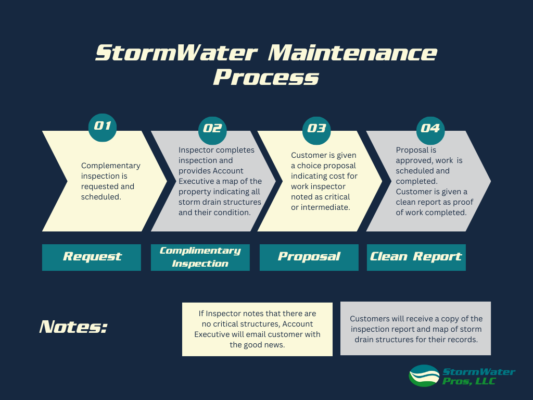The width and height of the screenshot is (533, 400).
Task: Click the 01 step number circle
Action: click(103, 127)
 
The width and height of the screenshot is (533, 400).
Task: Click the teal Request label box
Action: click(92, 257)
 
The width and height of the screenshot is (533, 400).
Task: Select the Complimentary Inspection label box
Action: click(200, 257)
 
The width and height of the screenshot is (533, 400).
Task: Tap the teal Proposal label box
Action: click(309, 257)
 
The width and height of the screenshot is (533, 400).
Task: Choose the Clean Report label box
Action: click(416, 257)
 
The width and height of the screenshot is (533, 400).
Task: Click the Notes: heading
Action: click(73, 327)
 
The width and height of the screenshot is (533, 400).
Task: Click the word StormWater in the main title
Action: click(176, 54)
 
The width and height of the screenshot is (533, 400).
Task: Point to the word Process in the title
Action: click(266, 78)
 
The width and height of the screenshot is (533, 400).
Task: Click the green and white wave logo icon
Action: click(424, 376)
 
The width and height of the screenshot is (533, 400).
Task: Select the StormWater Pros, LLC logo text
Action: click(478, 376)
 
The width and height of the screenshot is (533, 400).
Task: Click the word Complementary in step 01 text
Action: click(111, 166)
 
